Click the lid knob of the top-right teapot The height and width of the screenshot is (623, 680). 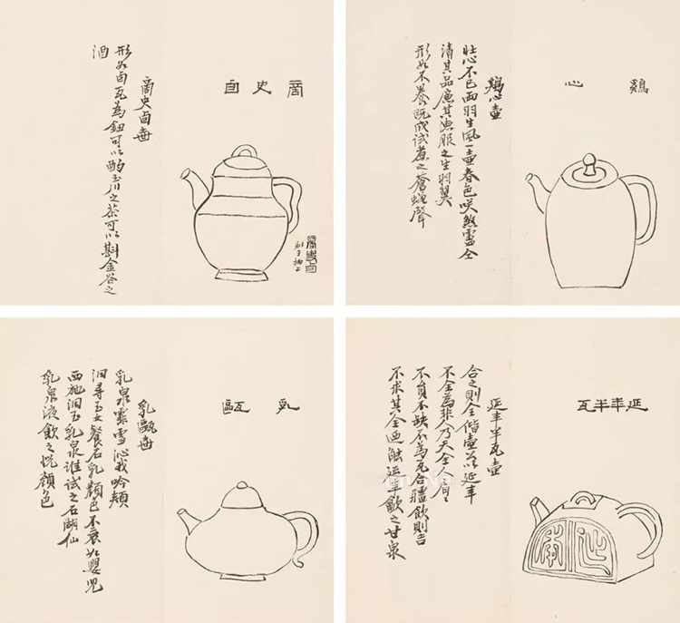pos(588,165)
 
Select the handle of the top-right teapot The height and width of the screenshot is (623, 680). pos(642,204)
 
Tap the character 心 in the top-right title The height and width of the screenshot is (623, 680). pos(569,89)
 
